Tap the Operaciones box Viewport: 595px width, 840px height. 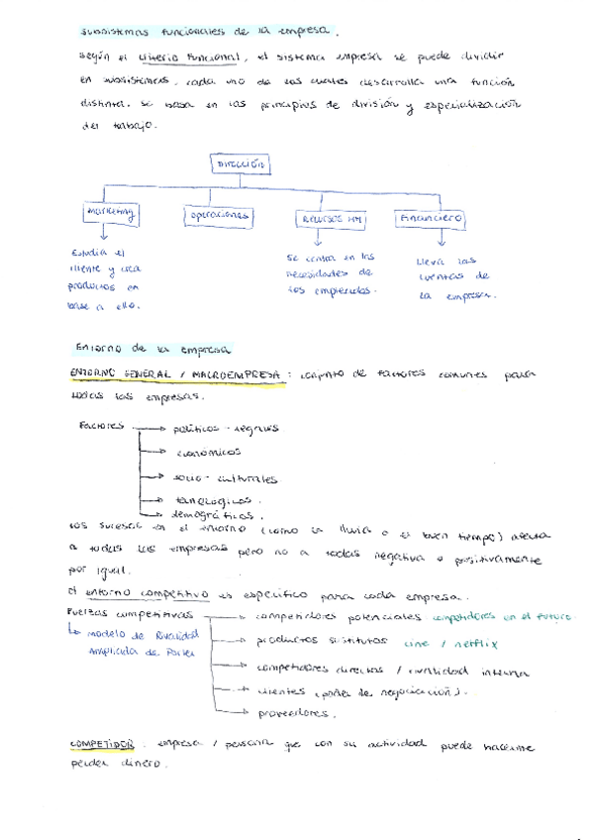217,215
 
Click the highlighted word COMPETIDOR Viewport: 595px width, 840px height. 104,742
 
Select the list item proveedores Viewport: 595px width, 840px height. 294,712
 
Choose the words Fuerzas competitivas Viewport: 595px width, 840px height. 124,615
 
